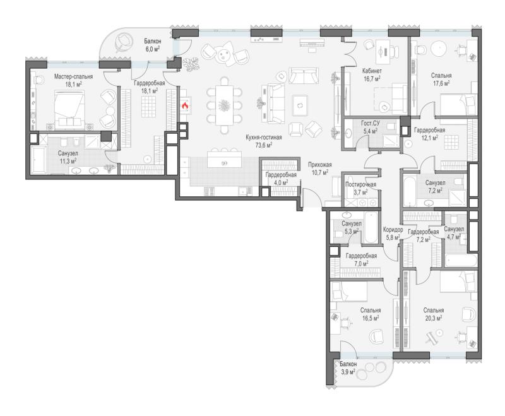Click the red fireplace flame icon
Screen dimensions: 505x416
185,105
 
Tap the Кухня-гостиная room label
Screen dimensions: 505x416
263,138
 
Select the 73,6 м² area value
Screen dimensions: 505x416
264,145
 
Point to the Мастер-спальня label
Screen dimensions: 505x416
73,76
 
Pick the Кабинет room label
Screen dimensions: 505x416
372,71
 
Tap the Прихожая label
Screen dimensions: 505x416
320,165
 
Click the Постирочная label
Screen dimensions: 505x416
360,185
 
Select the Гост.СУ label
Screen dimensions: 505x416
371,123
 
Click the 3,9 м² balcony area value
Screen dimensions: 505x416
348,372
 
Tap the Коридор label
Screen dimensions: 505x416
393,230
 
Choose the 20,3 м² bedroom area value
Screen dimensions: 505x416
433,318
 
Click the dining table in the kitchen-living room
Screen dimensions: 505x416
225,105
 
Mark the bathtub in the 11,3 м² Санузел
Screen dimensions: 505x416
39,160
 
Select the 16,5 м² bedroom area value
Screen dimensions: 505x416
370,318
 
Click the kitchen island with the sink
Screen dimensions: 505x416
225,159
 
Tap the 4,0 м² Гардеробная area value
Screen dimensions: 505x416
281,182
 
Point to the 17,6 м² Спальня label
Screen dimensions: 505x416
441,76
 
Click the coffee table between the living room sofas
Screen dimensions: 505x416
300,105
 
